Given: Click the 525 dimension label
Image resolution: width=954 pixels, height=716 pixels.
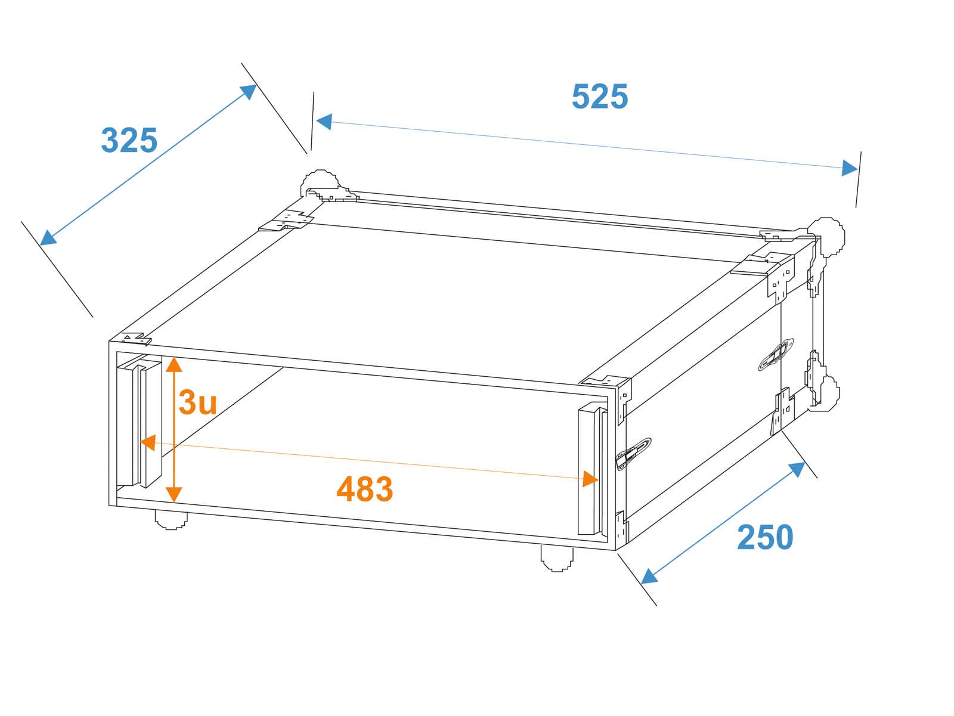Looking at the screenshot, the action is pos(599,96).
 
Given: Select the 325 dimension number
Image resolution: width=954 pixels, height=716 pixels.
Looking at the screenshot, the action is pos(129,140).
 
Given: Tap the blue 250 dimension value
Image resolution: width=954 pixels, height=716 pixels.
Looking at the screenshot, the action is pos(765,537).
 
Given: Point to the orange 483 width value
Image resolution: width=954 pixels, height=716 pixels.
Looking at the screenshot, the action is pos(365,489).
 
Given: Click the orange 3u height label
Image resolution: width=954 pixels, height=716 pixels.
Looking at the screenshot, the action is pos(197,402).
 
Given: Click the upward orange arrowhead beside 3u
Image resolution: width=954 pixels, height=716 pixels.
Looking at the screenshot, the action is pos(174,364).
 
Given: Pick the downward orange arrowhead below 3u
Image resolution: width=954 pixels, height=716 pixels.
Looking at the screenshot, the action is pos(174,494).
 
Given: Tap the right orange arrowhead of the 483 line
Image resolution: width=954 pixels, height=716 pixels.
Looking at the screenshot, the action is pos(590,479).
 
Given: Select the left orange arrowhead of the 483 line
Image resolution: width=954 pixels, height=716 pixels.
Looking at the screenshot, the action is pos(148,443).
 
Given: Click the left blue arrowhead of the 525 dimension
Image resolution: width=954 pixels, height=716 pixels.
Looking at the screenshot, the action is pos(324,122).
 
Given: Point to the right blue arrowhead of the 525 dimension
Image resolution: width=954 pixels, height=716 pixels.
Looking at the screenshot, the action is pos(850,168).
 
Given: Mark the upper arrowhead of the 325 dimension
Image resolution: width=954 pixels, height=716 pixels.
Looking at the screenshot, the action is pos(248,92).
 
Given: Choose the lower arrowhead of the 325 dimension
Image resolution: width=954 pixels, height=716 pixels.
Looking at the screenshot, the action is pos(48,237).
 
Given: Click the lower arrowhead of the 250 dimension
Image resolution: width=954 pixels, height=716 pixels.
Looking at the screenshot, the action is pos(649,576).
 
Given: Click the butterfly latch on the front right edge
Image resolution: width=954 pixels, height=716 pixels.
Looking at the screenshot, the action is pos(633,454).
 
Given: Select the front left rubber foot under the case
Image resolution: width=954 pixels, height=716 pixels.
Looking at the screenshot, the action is pos(171,519).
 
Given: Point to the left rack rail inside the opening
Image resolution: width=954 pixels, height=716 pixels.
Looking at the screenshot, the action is pos(139,421).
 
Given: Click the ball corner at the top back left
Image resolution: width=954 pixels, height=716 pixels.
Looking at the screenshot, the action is pos(320,184).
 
